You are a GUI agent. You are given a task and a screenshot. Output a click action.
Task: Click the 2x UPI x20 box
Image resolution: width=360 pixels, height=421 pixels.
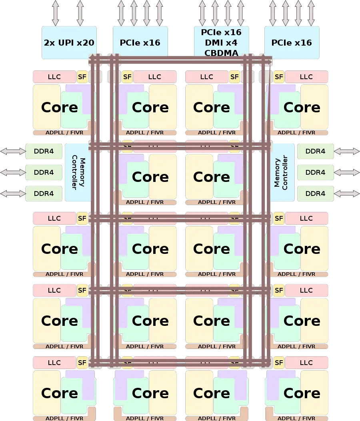coord(69,43)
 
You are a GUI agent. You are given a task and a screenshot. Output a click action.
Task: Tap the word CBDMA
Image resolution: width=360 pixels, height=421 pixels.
coord(221,53)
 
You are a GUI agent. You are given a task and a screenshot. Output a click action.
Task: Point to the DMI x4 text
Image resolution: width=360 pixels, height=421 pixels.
coord(221,43)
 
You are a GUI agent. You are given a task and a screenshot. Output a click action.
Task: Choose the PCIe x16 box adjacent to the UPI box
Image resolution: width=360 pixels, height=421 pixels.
coord(140,43)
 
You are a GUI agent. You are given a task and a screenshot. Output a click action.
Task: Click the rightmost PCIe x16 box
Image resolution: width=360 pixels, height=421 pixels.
coord(291,43)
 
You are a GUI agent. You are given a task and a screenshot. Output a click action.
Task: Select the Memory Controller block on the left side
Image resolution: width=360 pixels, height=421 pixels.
coord(78,172)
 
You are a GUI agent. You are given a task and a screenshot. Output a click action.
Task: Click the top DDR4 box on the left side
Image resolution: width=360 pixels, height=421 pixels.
coord(44,151)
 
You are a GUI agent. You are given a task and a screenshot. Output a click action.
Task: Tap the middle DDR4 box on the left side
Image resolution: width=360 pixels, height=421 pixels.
coord(44,172)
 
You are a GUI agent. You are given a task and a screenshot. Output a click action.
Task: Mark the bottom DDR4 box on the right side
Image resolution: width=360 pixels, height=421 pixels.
coord(315,194)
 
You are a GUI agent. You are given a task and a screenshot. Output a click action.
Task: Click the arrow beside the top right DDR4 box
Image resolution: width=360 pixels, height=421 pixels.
coord(346,151)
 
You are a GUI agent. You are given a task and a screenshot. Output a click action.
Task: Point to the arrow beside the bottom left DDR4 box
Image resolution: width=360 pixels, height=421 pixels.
coord(13,194)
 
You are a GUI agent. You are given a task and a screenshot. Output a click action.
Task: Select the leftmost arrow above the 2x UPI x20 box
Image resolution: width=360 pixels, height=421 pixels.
coord(55,13)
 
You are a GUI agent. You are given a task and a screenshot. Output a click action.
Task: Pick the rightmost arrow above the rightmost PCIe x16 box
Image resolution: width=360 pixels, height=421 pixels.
coord(310,13)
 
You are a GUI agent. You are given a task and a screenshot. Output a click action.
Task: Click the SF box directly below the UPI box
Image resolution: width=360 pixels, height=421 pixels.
coord(82,76)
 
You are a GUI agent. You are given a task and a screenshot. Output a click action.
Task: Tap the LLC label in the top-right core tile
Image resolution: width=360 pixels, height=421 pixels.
coord(306,76)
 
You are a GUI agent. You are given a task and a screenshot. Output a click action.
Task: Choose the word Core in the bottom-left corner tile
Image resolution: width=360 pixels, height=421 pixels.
coord(59,393)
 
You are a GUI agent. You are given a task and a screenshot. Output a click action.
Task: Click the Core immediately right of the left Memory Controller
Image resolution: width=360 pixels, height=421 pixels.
coord(150,176)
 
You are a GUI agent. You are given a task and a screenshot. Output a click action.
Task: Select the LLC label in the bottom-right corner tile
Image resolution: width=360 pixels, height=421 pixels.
coord(306,363)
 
